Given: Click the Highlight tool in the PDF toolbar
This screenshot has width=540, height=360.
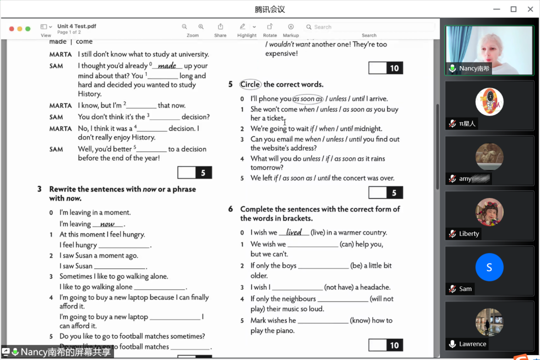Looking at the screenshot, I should tap(242, 27).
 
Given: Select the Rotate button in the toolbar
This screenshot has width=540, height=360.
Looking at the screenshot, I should tap(270, 27).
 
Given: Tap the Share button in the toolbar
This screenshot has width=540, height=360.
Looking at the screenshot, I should tap(220, 27).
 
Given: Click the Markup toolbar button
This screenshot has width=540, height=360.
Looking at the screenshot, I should tap(290, 27).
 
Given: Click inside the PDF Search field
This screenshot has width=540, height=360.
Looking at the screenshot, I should tap(370, 27).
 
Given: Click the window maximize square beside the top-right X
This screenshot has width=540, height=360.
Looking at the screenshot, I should tap(513, 9).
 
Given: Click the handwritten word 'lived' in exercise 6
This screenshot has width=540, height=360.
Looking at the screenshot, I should tap(294, 232).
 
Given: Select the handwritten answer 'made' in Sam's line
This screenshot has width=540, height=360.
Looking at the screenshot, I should tap(167, 66).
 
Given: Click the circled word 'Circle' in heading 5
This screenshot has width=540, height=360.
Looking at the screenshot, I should tap(250, 84).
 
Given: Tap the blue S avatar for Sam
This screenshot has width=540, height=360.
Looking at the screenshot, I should tap(489, 267).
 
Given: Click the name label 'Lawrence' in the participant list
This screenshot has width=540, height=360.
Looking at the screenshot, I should tap(472, 344).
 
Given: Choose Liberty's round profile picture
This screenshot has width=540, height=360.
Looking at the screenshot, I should tap(489, 212).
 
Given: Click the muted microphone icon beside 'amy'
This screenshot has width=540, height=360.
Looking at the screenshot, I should tap(452, 178).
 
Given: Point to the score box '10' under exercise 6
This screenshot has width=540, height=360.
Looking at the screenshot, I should tap(386, 345).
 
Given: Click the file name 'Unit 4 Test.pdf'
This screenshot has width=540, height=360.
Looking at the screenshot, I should tap(76, 26).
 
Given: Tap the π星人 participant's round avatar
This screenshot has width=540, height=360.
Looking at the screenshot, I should tap(489, 102).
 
